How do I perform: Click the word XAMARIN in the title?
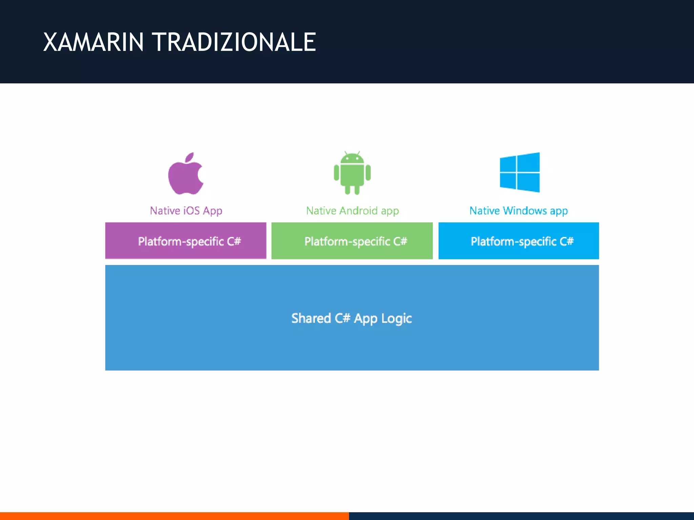pos(94,42)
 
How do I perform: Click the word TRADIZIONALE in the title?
pos(235,42)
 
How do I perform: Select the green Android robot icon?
pos(352,173)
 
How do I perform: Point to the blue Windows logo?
pos(519,172)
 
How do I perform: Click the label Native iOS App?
pos(186,211)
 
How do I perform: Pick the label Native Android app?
pos(352,211)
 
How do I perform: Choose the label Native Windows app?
pos(518,211)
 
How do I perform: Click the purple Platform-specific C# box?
pos(186,241)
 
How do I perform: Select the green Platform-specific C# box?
pos(352,241)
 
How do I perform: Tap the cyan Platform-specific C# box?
pos(518,241)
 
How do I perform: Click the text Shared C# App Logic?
pos(351,318)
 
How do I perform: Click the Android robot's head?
pos(352,158)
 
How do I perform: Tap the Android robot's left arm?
pos(336,172)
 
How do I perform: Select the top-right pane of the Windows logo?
pos(528,162)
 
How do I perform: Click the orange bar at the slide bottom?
pos(174,516)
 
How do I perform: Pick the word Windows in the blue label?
pos(525,211)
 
